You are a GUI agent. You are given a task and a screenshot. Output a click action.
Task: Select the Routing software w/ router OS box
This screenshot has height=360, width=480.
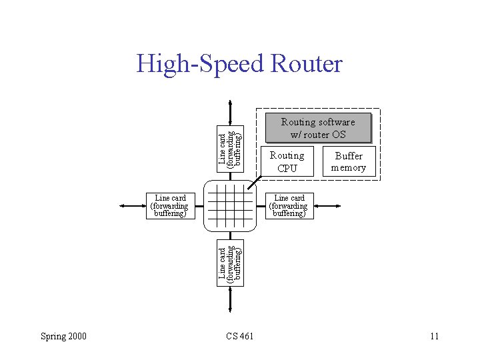(x=317, y=128)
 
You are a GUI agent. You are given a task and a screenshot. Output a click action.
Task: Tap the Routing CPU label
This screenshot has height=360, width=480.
(x=287, y=162)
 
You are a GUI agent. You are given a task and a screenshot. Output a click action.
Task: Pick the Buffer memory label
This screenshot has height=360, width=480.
(x=349, y=162)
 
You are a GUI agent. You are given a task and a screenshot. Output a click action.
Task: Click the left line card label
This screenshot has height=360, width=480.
(x=170, y=206)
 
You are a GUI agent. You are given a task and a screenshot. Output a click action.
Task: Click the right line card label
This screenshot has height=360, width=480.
(x=289, y=206)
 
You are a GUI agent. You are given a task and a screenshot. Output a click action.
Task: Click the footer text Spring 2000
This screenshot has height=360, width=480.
(x=63, y=336)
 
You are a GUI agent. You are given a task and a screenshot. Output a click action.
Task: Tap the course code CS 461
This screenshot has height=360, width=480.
(x=239, y=336)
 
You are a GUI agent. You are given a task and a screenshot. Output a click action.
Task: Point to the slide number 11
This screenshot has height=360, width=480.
(x=434, y=336)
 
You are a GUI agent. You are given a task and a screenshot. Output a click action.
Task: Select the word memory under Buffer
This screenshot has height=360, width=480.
(x=349, y=168)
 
